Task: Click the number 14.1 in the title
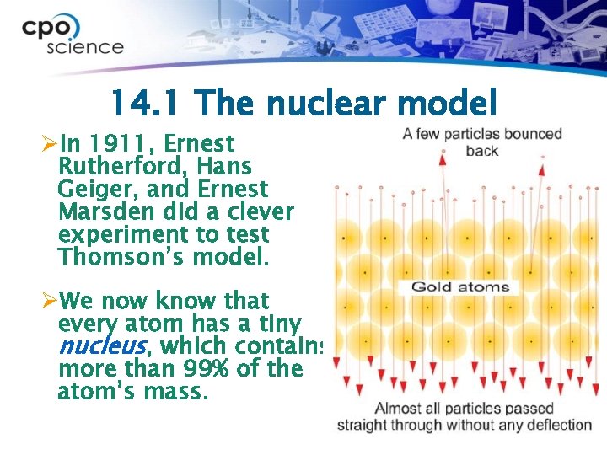(x=147, y=104)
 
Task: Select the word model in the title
(x=451, y=104)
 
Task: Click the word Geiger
(x=89, y=190)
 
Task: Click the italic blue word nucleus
(x=101, y=346)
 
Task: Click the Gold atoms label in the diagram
(x=459, y=287)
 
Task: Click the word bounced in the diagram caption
(x=531, y=134)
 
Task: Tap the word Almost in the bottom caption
(x=399, y=409)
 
